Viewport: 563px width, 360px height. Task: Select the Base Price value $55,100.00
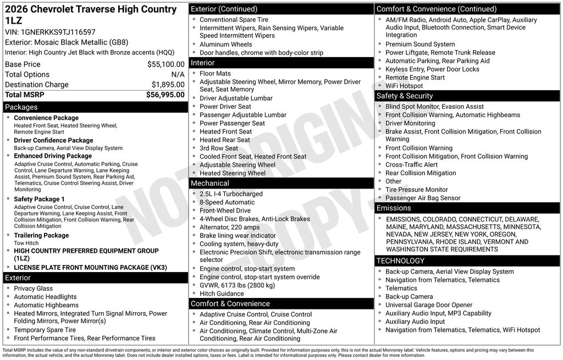pyautogui.click(x=165, y=64)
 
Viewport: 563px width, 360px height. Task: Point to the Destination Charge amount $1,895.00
pyautogui.click(x=168, y=85)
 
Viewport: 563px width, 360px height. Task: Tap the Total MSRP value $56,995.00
pyautogui.click(x=165, y=95)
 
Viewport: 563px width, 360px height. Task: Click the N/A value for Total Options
pyautogui.click(x=178, y=74)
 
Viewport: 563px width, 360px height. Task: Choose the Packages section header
pyautogui.click(x=21, y=107)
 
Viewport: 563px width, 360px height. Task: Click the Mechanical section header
pyautogui.click(x=210, y=183)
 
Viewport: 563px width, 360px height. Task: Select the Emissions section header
pyautogui.click(x=394, y=208)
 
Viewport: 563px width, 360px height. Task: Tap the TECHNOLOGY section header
pyautogui.click(x=400, y=261)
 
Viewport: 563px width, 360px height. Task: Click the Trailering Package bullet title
pyautogui.click(x=41, y=235)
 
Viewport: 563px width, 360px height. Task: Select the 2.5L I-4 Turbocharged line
pyautogui.click(x=231, y=194)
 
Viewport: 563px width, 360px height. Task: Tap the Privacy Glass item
pyautogui.click(x=34, y=289)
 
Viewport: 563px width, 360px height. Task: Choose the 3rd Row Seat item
pyautogui.click(x=219, y=148)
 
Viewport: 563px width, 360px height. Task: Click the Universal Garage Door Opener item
pyautogui.click(x=429, y=305)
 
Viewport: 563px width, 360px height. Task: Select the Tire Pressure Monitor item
pyautogui.click(x=417, y=190)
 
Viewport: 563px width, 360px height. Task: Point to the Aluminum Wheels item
pyautogui.click(x=226, y=45)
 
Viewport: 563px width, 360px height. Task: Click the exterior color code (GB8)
pyautogui.click(x=117, y=42)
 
